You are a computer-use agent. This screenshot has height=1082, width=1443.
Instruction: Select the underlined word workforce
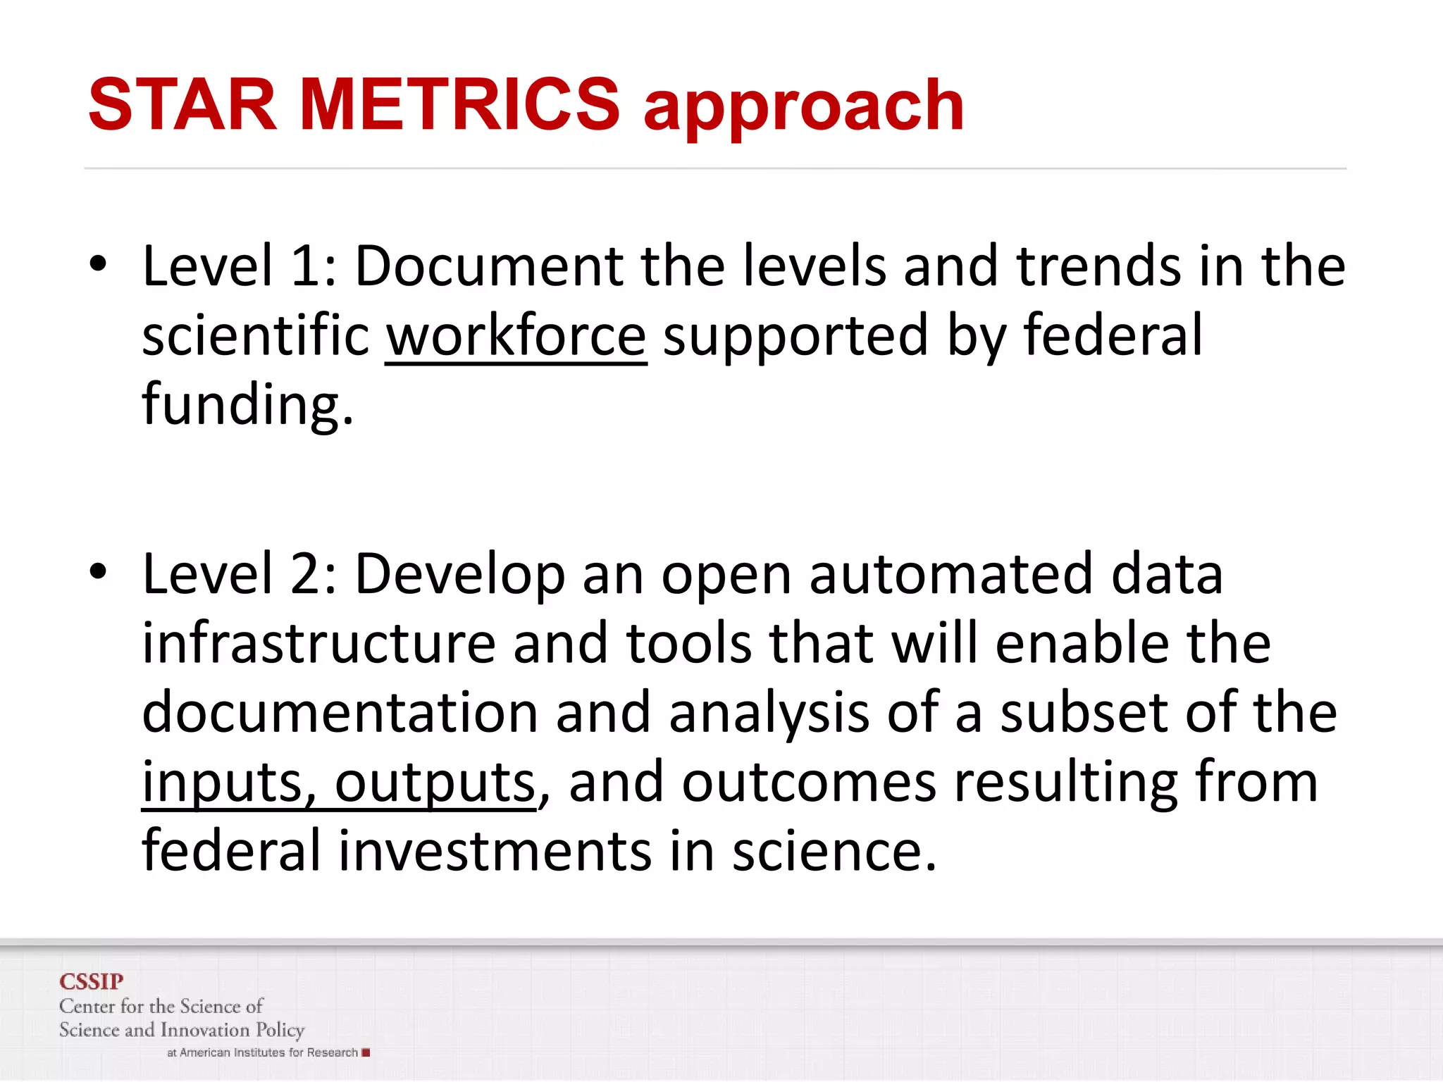tap(516, 336)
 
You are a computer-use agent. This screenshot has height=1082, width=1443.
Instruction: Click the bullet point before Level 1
tap(98, 265)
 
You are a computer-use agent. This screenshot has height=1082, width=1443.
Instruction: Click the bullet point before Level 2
tap(98, 572)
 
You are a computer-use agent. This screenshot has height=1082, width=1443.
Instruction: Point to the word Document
tap(488, 266)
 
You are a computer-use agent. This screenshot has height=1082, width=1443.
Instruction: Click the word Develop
tap(459, 575)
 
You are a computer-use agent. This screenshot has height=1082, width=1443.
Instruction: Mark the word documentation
tap(340, 712)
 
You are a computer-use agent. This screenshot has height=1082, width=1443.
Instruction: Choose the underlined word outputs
tap(434, 783)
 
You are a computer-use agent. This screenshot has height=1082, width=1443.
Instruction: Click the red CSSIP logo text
tap(92, 981)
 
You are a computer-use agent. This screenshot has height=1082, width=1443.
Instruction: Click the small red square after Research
tap(366, 1052)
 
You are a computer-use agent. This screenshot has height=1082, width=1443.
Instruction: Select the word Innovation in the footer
tap(205, 1030)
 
